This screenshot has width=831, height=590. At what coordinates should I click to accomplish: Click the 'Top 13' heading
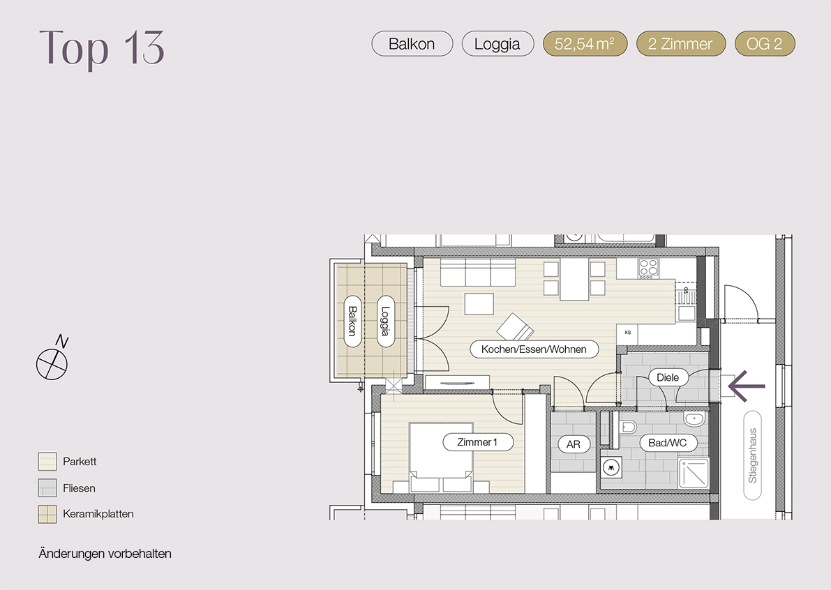click(x=102, y=48)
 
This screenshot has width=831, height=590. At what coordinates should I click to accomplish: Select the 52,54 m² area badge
click(x=585, y=43)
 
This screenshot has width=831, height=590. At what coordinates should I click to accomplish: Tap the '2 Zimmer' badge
click(x=680, y=43)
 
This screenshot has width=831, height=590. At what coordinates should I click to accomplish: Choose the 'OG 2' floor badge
click(x=765, y=43)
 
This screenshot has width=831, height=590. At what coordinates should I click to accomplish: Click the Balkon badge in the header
click(x=412, y=43)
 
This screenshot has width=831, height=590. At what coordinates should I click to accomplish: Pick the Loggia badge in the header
click(x=497, y=43)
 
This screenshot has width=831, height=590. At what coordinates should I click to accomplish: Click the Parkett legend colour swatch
click(x=47, y=461)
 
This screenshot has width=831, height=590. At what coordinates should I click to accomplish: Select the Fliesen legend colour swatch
click(x=47, y=487)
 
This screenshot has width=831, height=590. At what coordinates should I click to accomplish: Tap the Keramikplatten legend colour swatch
click(x=47, y=514)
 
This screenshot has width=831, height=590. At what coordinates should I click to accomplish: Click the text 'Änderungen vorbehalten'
click(x=105, y=554)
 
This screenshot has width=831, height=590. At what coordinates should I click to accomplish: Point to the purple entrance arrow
click(x=746, y=386)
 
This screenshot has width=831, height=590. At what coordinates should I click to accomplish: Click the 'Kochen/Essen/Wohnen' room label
click(x=534, y=349)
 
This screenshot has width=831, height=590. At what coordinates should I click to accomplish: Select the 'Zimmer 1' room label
click(x=478, y=441)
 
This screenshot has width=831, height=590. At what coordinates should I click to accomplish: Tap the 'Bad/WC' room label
click(x=668, y=443)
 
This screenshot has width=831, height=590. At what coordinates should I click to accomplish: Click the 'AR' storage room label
click(x=574, y=444)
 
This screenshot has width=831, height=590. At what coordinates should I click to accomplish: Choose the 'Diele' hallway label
click(x=668, y=377)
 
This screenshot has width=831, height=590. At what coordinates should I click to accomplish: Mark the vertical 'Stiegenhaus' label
click(x=753, y=455)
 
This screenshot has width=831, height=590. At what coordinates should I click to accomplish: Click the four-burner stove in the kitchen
click(x=648, y=268)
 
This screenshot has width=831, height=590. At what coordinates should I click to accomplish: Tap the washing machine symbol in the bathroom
click(x=612, y=467)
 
